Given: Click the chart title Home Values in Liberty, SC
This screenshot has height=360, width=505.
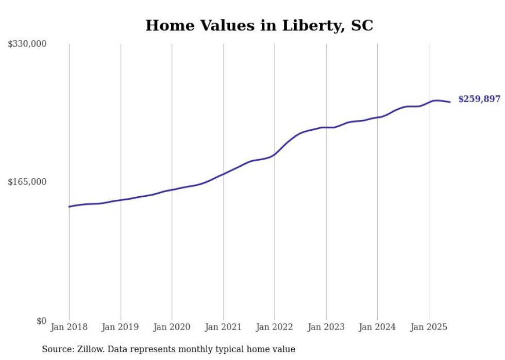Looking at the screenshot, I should [x=259, y=25].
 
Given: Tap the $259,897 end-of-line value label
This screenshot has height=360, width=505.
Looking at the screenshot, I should [x=479, y=99].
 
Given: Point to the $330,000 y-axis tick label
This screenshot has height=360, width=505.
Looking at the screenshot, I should [x=27, y=44].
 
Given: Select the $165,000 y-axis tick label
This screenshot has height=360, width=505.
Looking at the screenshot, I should [x=27, y=182].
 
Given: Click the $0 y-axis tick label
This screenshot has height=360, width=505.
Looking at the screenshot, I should [x=41, y=321].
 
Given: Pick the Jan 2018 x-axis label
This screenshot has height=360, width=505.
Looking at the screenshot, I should [x=69, y=327].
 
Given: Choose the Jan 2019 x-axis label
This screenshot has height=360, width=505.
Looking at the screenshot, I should [x=121, y=327].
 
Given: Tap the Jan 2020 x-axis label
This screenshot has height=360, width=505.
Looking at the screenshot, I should [x=172, y=327].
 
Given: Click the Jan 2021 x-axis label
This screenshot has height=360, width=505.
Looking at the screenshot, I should [x=223, y=327].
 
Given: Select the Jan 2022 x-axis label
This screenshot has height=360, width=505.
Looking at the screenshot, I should [x=275, y=327].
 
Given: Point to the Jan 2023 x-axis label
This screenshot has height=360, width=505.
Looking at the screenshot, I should [x=326, y=327].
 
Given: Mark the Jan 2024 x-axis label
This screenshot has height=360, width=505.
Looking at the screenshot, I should [x=377, y=327].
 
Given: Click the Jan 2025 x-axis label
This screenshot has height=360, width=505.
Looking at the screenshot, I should [x=429, y=327].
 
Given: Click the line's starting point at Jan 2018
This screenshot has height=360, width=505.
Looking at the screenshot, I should [x=69, y=207].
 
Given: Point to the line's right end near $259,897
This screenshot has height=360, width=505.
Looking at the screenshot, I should [x=450, y=102].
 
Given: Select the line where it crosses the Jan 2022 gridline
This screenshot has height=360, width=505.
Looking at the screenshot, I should [x=275, y=154].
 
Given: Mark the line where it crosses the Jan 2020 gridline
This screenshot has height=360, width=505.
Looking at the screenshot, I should [x=172, y=190].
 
